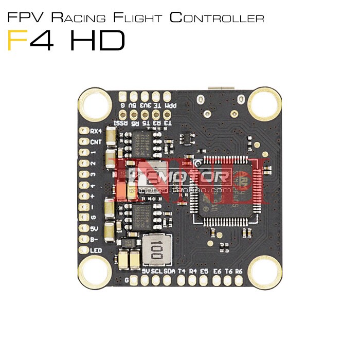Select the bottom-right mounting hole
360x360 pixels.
coord(265,271)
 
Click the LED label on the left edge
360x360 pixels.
coord(96,250)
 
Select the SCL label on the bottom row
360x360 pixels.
coord(157,271)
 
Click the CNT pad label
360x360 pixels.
coord(96,141)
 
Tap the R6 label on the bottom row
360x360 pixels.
coord(239,271)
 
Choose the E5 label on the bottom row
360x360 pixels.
coord(204,271)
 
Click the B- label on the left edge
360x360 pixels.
coord(95,239)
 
